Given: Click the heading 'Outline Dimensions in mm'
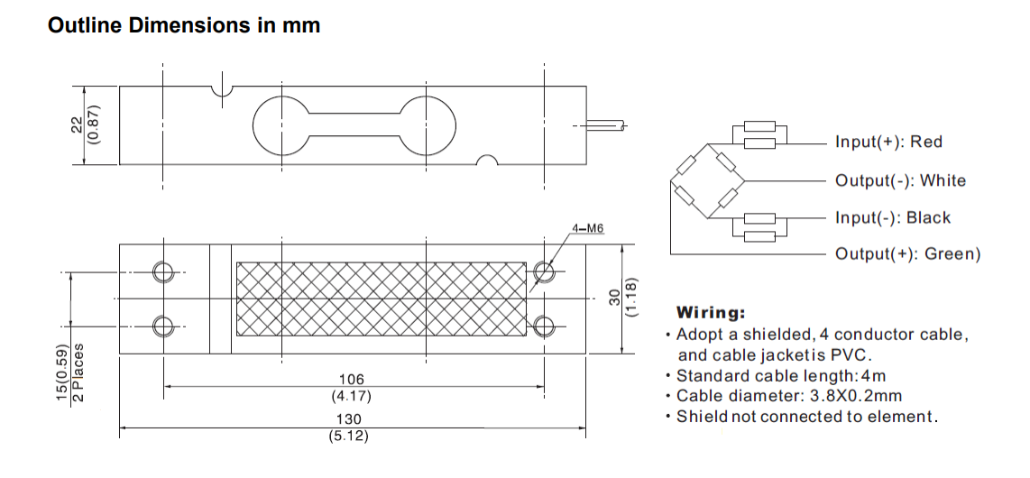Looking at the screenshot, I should coord(184,25).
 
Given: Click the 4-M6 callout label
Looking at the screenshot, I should coord(587,228).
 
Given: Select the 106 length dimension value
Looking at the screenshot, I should coord(354,380).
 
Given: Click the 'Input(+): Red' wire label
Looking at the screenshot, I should coord(888,142).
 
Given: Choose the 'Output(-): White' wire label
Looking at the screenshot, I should coord(900,180).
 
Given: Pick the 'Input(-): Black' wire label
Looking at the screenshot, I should coord(893,217).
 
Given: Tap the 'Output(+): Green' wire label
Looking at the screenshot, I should coord(907,253).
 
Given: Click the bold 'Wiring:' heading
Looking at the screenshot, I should coord(711,313).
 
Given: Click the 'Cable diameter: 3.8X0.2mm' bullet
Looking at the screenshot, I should coord(788,395).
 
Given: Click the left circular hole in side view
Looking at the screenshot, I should coord(281,125).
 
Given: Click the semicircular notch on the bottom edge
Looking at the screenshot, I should coord(487,161).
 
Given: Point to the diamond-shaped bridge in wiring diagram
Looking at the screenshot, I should coord(707,180).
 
